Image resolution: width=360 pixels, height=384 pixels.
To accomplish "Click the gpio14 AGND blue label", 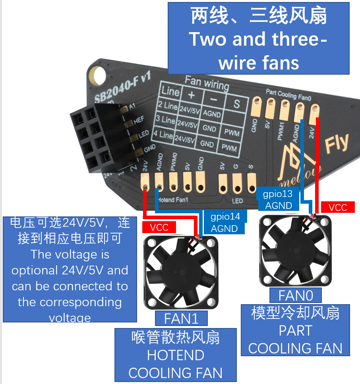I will [x=225, y=222].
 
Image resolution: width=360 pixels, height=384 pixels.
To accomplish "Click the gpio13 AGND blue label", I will [x=279, y=199].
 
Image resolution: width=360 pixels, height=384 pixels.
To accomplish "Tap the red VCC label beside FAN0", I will [x=338, y=207].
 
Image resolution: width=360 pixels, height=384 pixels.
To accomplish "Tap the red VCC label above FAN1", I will [x=159, y=227].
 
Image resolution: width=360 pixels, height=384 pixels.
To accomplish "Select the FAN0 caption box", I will [x=296, y=295].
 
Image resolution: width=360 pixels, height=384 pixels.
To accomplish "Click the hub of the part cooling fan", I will [x=294, y=251].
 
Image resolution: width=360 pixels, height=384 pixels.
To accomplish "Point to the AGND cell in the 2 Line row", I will [x=212, y=114].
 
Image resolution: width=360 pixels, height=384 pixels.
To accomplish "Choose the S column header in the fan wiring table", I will [x=236, y=104].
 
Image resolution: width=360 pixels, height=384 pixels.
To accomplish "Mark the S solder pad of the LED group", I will [x=252, y=182].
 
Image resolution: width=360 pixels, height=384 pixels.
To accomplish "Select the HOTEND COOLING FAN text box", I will [x=176, y=355].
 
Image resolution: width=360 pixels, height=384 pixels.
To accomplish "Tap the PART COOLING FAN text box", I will [x=296, y=330].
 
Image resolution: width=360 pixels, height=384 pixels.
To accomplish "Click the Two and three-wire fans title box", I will [x=259, y=39].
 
